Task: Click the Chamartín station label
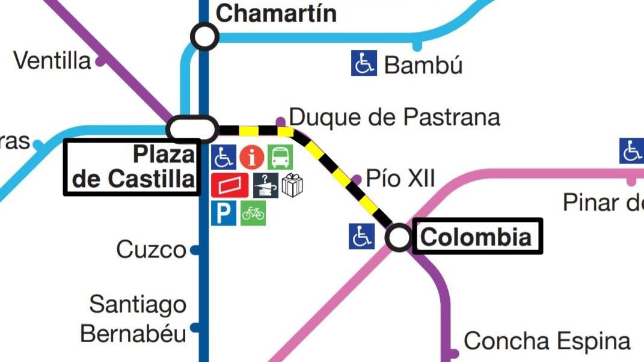click(x=276, y=13)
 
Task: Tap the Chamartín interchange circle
click(x=204, y=37)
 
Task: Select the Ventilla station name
click(x=52, y=60)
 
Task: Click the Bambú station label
click(x=423, y=65)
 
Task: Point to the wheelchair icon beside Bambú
click(x=364, y=63)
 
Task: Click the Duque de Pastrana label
click(x=394, y=117)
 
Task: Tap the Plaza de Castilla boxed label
click(x=132, y=167)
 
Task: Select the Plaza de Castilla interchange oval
click(x=192, y=129)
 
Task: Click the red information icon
click(x=252, y=158)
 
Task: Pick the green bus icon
click(x=280, y=158)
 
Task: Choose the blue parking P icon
click(x=223, y=213)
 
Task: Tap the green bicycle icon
click(x=253, y=213)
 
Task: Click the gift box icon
click(x=292, y=186)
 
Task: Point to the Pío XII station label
click(x=400, y=179)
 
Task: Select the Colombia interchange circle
click(x=398, y=238)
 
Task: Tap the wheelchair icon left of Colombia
click(x=361, y=236)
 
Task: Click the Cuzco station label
click(x=151, y=249)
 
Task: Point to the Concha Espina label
click(x=547, y=341)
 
